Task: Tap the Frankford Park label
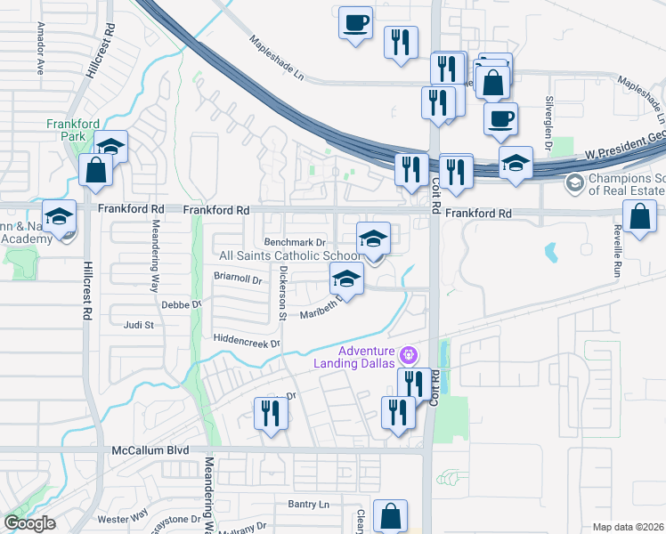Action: pos(67,130)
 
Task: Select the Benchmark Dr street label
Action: pos(296,242)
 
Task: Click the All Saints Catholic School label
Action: pos(289,255)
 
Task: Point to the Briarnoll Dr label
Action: pos(238,278)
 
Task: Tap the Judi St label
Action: pos(139,325)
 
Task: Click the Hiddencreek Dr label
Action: pos(247,341)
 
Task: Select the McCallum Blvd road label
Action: pos(150,450)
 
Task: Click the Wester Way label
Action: pos(122,518)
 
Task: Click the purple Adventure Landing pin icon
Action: pos(409,355)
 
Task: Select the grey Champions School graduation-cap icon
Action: pos(574,184)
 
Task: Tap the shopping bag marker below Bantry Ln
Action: pos(390,515)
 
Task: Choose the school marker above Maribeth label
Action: pos(345,279)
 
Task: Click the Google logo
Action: pos(30,524)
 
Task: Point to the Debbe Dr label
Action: pos(183,304)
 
